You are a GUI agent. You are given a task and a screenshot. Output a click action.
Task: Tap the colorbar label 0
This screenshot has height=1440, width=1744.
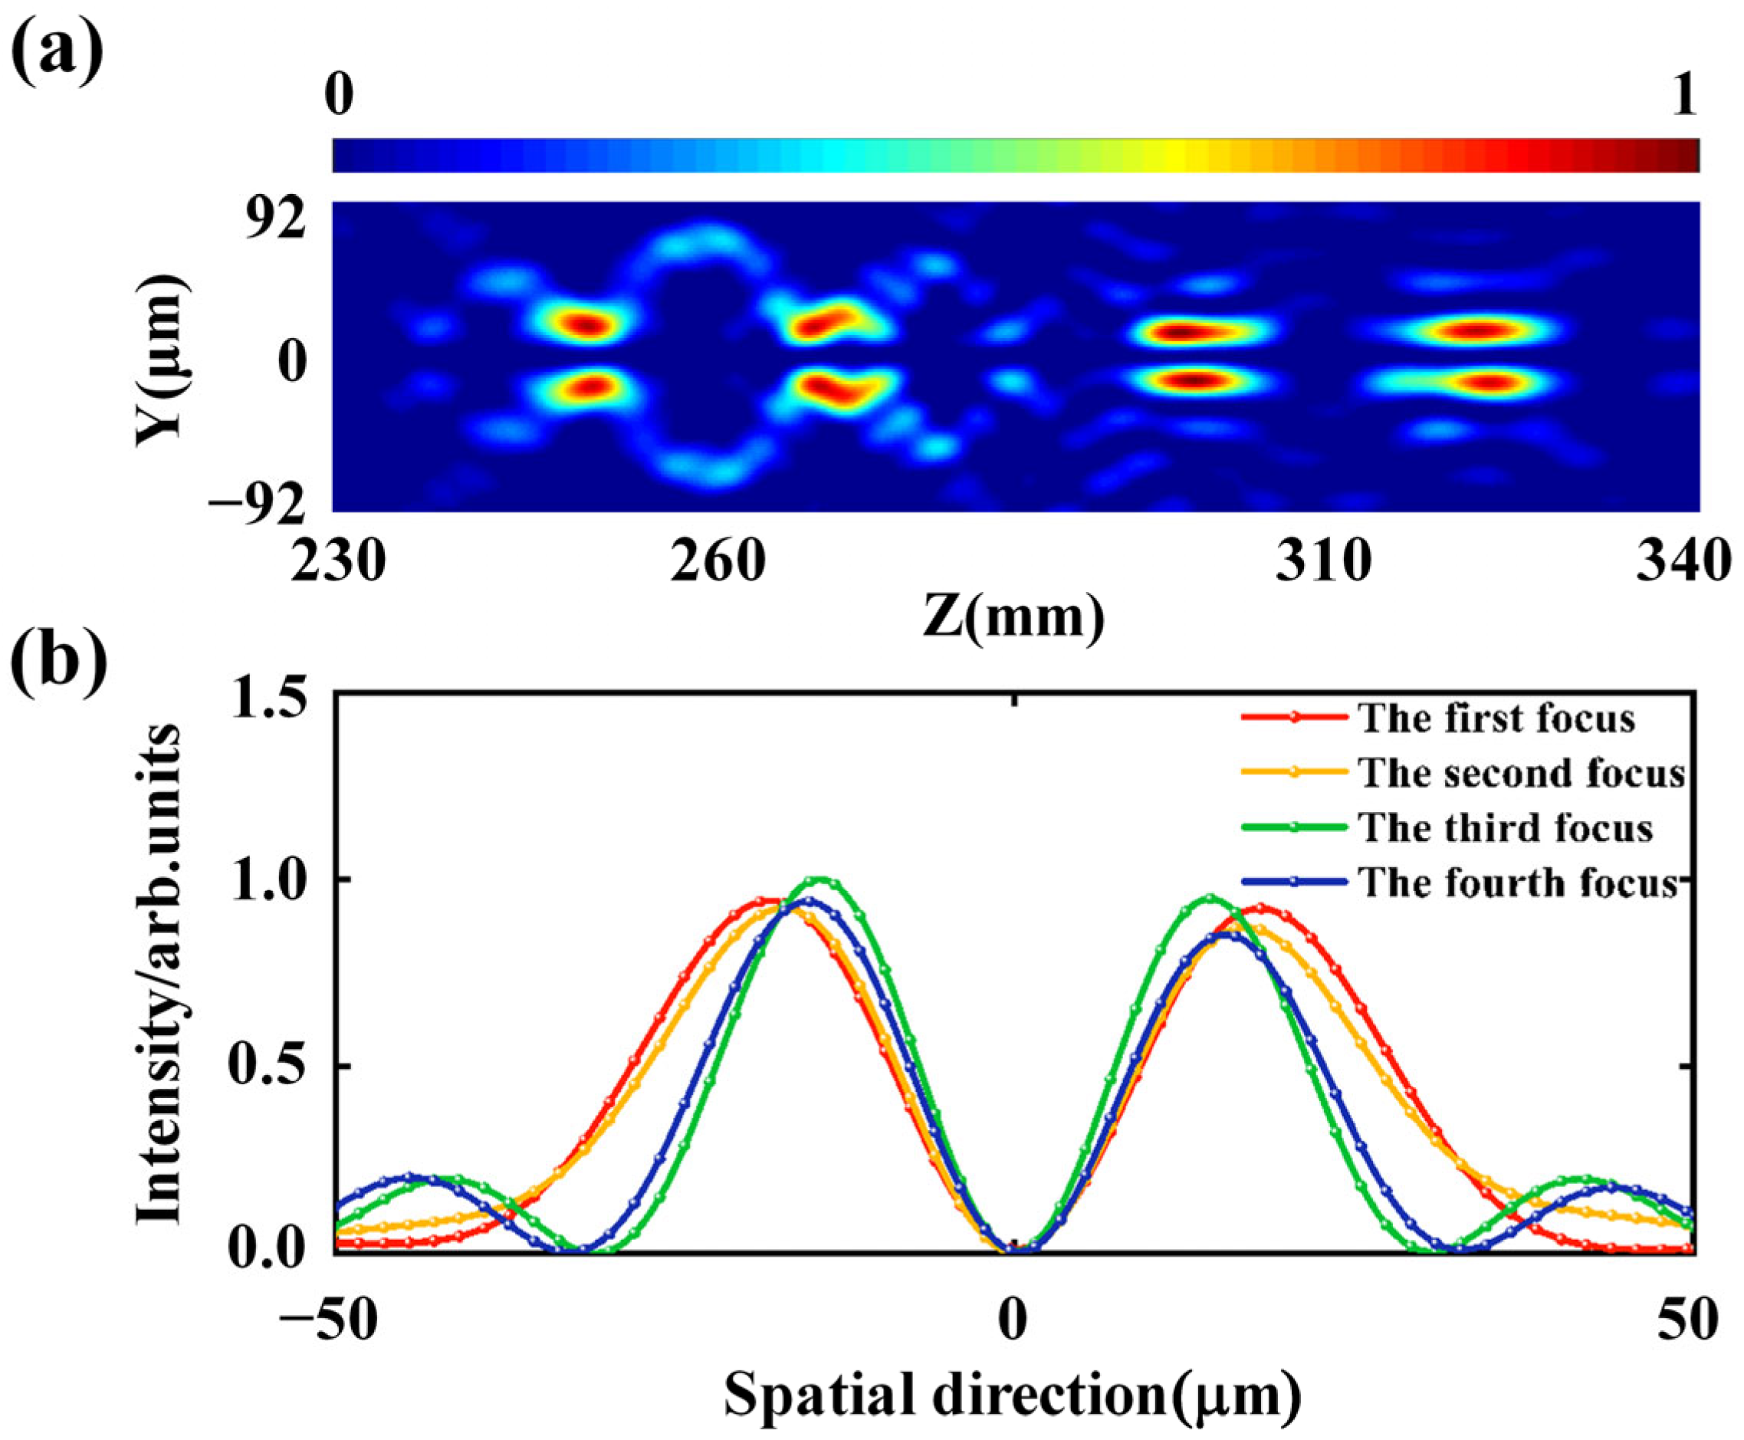[339, 97]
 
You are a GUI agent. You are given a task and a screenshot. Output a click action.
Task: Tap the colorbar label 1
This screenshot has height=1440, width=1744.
[1683, 97]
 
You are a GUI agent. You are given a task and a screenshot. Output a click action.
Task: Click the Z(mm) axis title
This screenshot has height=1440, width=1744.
[1013, 619]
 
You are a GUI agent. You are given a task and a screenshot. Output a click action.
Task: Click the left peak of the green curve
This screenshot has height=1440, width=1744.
[821, 879]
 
